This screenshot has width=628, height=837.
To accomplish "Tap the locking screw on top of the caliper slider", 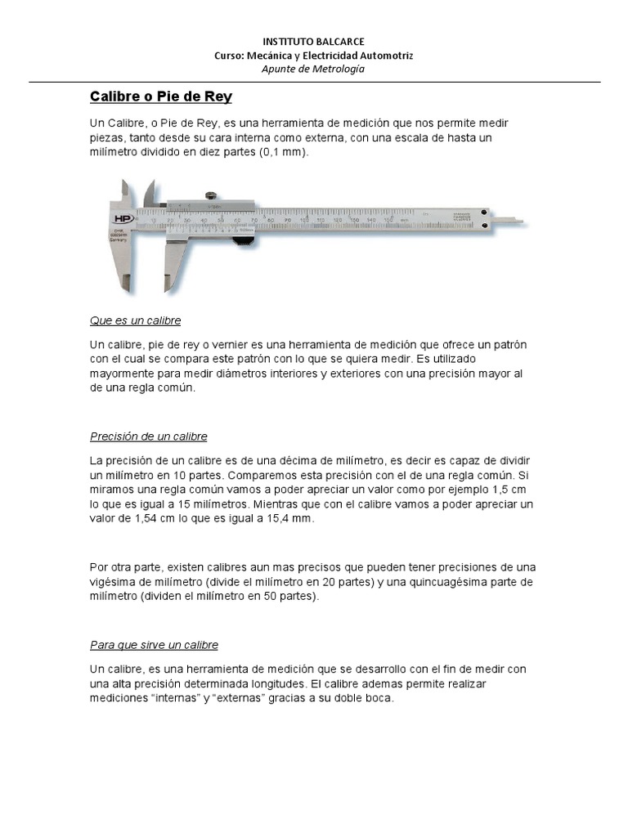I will pos(210,195).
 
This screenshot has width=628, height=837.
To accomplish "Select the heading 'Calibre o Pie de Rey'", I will pos(160,97).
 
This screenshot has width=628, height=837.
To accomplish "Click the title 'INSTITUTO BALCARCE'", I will pos(313,41).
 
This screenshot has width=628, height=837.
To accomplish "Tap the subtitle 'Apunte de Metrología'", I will pos(313,69).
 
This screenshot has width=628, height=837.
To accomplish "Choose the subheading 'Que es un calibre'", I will pos(135,320).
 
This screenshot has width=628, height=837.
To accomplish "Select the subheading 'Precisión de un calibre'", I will pos(148,436).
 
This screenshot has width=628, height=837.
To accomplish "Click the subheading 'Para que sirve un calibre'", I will pos(154,645).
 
